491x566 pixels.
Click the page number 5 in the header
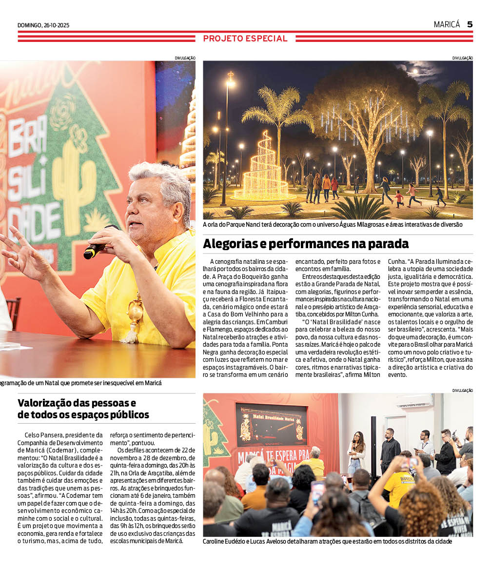pyautogui.click(x=470, y=24)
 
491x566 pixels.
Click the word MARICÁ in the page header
pyautogui.click(x=447, y=24)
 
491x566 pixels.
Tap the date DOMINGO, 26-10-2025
pyautogui.click(x=43, y=25)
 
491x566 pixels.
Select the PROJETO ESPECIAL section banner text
pyautogui.click(x=245, y=39)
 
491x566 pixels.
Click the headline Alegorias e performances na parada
pyautogui.click(x=306, y=243)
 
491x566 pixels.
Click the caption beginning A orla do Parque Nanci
pyautogui.click(x=333, y=225)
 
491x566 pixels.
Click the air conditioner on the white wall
pyautogui.click(x=414, y=401)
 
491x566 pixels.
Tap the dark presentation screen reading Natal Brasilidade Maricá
pyautogui.click(x=271, y=424)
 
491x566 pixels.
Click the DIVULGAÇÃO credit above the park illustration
pyautogui.click(x=462, y=58)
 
